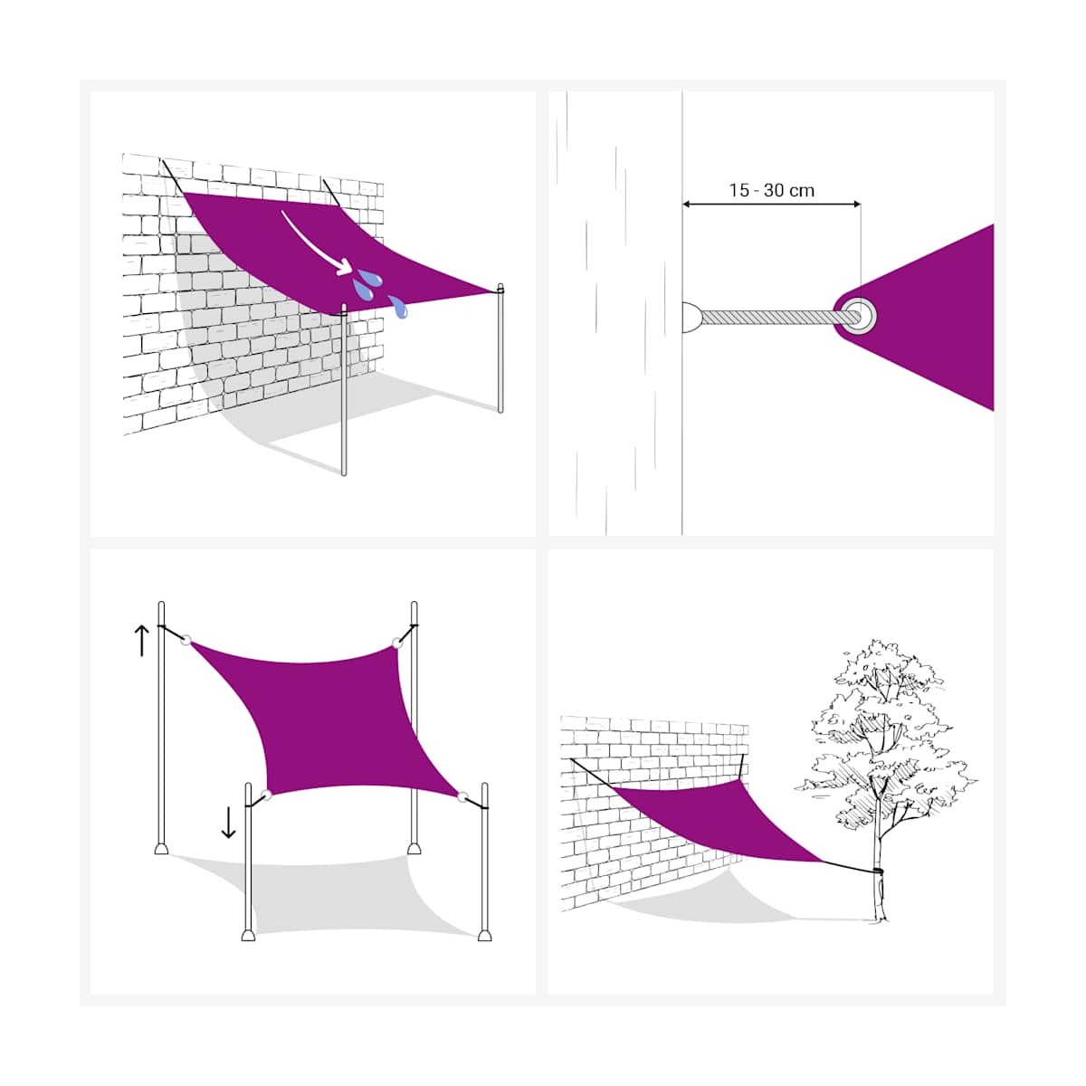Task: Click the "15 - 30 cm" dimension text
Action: [772, 190]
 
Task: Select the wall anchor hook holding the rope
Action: [692, 317]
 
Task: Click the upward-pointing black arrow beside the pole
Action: [141, 640]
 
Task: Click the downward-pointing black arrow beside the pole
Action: [228, 823]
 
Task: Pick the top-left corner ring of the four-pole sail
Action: [186, 640]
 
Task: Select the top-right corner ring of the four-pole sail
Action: [397, 643]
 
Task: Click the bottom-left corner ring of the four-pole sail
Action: [266, 795]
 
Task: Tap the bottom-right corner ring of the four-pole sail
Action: [462, 797]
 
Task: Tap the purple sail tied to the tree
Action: [721, 821]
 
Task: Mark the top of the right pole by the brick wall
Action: [500, 286]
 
